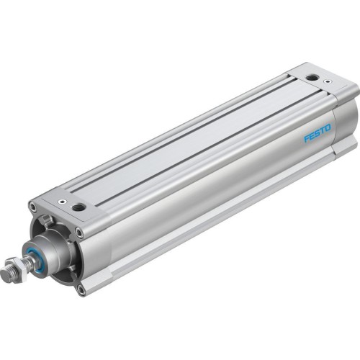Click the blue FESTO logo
[318, 134]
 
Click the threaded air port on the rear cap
[310, 77]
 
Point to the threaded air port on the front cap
[78, 207]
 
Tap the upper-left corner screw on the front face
[33, 208]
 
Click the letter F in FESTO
[306, 138]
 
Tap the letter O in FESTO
[329, 130]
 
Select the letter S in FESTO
[318, 134]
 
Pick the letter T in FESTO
[323, 132]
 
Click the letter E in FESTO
[312, 136]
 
